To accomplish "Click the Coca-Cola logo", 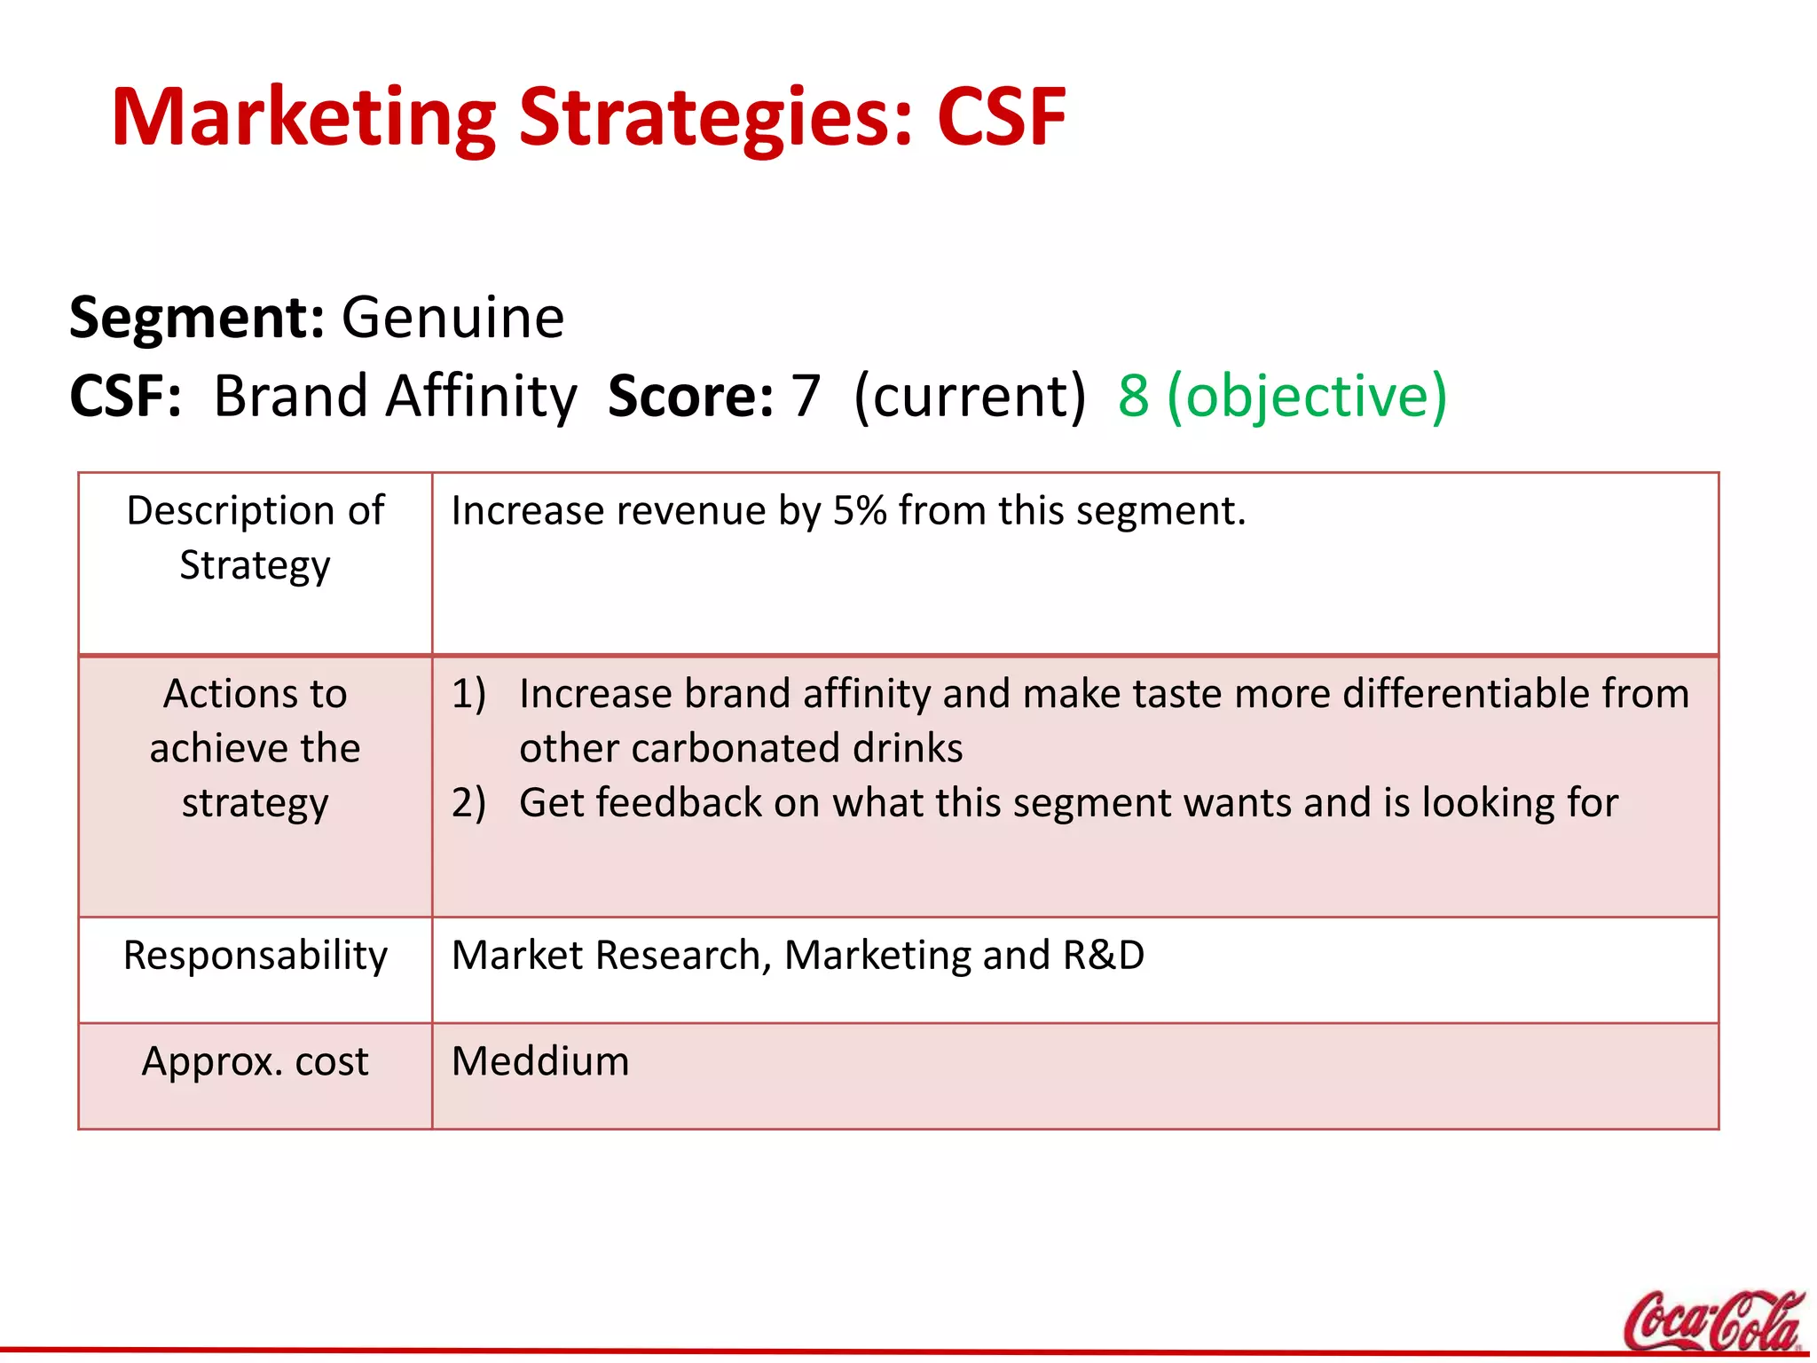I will click(x=1712, y=1322).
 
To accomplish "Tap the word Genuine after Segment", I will click(x=452, y=318).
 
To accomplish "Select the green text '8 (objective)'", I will click(x=1282, y=396).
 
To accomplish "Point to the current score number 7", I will click(x=806, y=396).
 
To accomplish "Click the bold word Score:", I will click(x=691, y=396).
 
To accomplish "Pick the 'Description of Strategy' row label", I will click(x=256, y=538).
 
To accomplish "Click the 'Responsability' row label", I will click(x=256, y=956).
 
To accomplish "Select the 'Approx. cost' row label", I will click(x=256, y=1061).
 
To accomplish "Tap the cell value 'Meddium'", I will click(x=540, y=1061).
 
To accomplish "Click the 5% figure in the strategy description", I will click(x=860, y=511).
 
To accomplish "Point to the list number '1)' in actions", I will click(x=468, y=694).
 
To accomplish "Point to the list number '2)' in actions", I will click(x=468, y=803).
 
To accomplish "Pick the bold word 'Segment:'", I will click(x=197, y=318).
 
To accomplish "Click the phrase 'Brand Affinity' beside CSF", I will click(x=396, y=396).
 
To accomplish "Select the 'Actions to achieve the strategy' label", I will click(x=256, y=748).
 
